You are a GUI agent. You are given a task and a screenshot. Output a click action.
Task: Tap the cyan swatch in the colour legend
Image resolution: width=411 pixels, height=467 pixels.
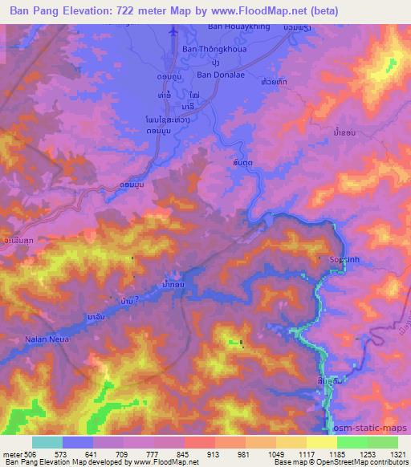[47, 442]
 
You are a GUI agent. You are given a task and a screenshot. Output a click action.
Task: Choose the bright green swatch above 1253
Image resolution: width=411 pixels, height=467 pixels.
[352, 442]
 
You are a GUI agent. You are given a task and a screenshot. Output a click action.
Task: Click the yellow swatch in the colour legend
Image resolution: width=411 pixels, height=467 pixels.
[322, 442]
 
